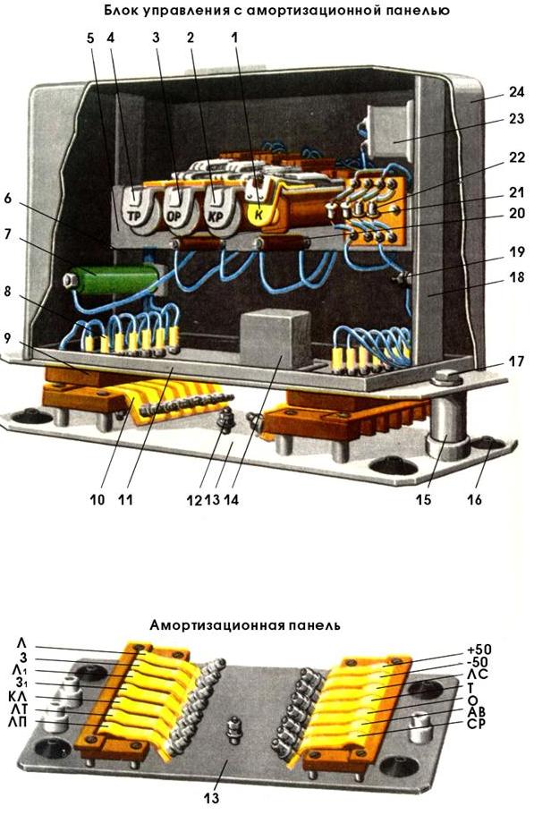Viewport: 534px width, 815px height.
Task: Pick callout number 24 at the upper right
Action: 516,92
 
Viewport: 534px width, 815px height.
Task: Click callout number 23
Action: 516,118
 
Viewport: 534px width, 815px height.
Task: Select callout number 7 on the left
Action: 7,233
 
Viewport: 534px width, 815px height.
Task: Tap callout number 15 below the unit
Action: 423,499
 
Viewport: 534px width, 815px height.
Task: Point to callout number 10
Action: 97,499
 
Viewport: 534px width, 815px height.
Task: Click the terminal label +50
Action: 479,649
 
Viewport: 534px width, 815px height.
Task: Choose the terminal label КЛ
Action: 18,697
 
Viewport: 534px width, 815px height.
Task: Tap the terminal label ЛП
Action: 19,721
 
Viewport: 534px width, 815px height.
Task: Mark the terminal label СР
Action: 475,723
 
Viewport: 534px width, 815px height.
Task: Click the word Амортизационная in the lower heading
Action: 216,624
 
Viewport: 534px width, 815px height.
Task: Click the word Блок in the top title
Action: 121,9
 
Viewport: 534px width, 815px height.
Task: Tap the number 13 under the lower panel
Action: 212,797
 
